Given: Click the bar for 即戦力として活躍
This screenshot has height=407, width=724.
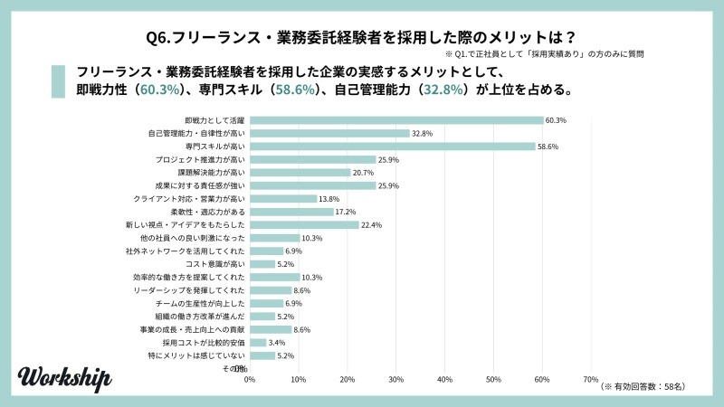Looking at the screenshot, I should (x=395, y=120).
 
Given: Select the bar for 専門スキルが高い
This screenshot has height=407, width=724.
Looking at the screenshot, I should (x=392, y=147).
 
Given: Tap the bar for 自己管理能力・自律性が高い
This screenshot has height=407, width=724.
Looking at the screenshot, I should (x=329, y=133).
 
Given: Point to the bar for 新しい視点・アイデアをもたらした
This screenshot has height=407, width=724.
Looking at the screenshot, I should (x=304, y=225).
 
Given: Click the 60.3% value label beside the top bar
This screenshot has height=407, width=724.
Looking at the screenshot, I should (x=556, y=120).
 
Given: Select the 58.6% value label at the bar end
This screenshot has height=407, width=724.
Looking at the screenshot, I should (x=548, y=147).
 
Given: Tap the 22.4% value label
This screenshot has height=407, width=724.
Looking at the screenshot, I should (x=371, y=225).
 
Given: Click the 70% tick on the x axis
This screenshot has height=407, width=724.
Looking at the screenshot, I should (x=590, y=379).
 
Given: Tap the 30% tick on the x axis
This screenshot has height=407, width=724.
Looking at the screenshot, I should (x=395, y=379).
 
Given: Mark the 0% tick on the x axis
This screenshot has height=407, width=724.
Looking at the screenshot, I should (x=250, y=379).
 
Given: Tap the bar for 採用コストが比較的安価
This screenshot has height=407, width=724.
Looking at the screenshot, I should (x=258, y=343).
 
